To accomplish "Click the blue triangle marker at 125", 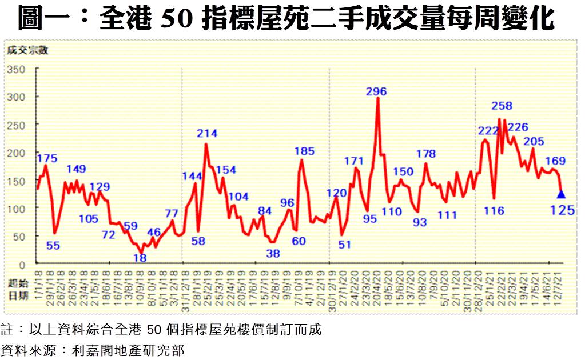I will (560, 194).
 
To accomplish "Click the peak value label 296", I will (377, 91).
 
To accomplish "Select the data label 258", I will (502, 106).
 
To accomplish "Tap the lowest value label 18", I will (140, 258).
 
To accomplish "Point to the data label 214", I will (207, 134).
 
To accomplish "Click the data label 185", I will (304, 151).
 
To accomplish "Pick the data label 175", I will (47, 158).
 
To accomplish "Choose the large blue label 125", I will (562, 211).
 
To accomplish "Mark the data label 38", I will (273, 253).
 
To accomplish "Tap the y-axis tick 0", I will (22, 265).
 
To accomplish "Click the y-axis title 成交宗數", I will (27, 50).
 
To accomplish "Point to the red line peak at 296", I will (377, 98).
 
